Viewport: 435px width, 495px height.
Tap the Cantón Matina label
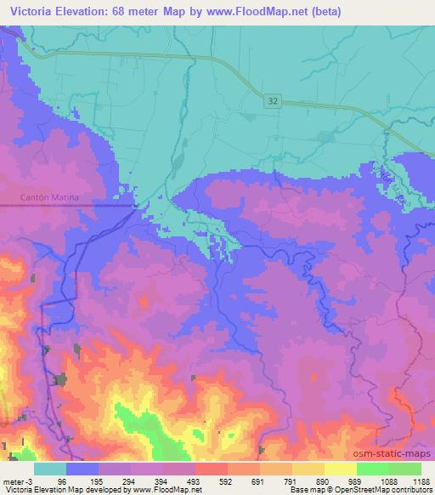point(49,197)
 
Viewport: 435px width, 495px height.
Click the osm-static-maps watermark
point(398,453)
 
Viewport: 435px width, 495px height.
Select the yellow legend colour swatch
point(340,469)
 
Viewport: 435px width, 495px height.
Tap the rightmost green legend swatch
point(405,469)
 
